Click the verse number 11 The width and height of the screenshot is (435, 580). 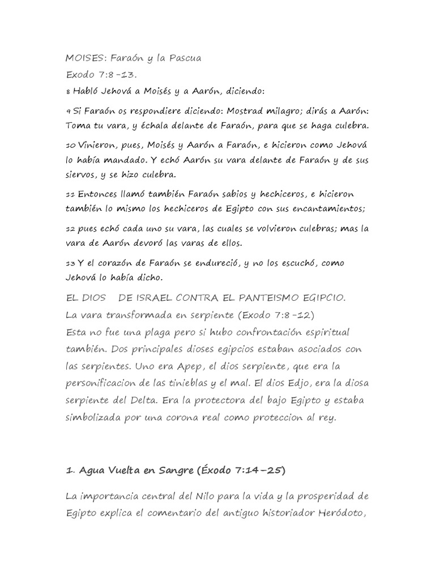pyautogui.click(x=70, y=195)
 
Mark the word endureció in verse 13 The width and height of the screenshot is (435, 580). pyautogui.click(x=236, y=264)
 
